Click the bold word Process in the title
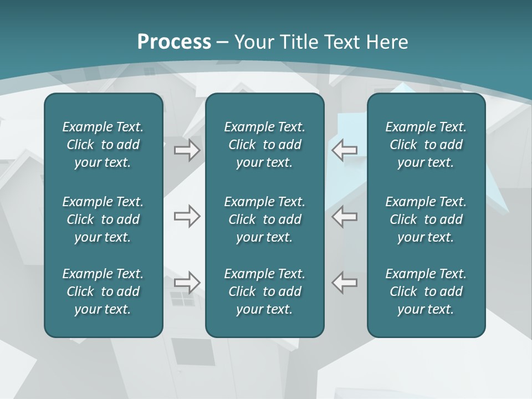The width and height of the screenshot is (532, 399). [174, 42]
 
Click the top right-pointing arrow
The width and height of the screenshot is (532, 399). [187, 150]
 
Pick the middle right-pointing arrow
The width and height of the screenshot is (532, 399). [187, 216]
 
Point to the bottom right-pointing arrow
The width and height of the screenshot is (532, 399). [187, 282]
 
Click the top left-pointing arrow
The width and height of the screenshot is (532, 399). [345, 150]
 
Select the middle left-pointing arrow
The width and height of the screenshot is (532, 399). [345, 216]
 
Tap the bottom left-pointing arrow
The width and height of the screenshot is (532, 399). [345, 282]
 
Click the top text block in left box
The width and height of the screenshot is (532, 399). [103, 145]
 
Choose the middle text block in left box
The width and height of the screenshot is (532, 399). [103, 219]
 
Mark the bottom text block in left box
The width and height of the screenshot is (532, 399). [103, 291]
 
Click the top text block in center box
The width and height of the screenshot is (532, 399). [264, 145]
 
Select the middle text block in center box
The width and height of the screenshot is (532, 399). [264, 219]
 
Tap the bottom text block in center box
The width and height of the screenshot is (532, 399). [264, 291]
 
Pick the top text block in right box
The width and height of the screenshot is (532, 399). [426, 145]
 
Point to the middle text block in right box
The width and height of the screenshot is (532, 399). [426, 219]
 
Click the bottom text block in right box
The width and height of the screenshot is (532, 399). [426, 291]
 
